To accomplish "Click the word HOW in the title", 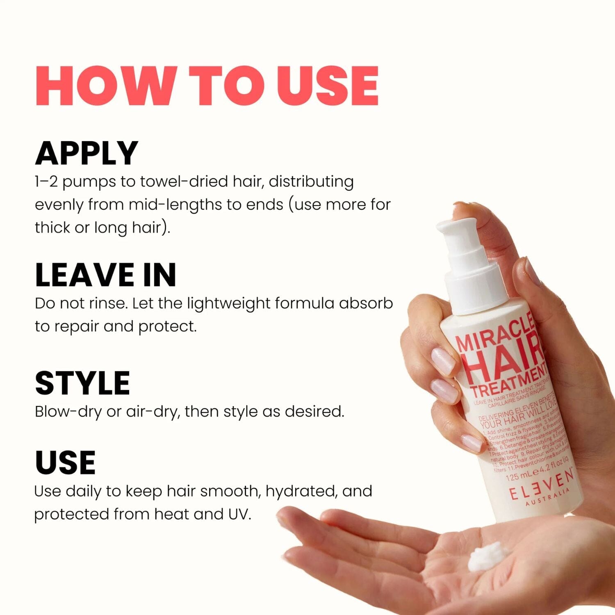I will [x=107, y=86].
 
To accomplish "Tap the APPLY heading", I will [x=87, y=153].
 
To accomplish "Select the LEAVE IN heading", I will [x=105, y=275].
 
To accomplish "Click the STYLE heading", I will [x=82, y=383].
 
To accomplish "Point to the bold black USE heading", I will [x=66, y=462].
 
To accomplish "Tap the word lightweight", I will [x=228, y=303].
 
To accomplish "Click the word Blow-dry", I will [x=68, y=412].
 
